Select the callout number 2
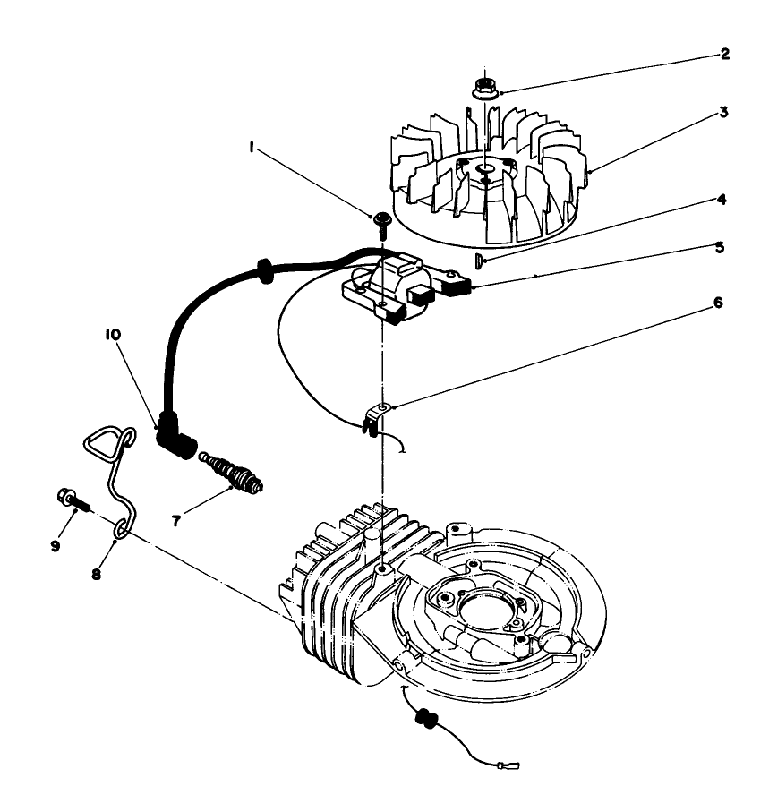coord(724,54)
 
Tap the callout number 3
coord(724,114)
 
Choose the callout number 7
coord(176,518)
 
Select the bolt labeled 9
coord(73,498)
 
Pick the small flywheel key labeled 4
coord(479,261)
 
